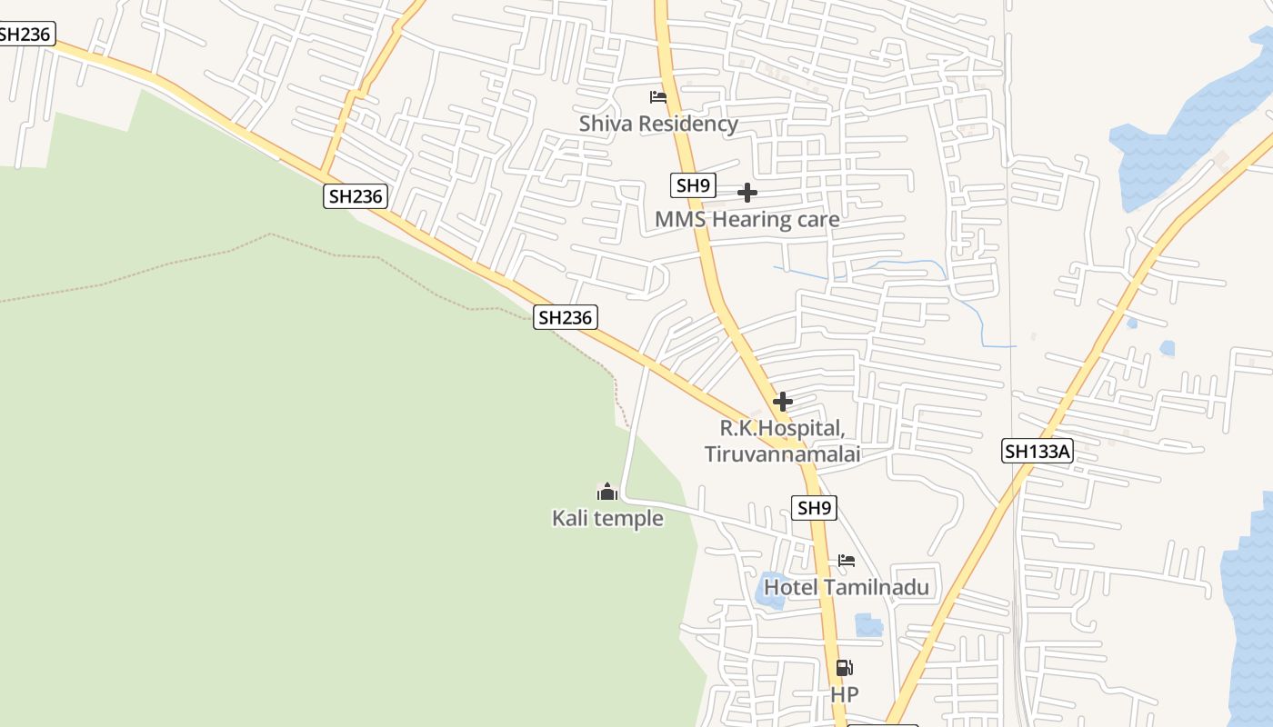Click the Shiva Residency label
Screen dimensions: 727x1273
click(x=658, y=124)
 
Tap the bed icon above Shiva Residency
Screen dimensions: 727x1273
click(x=658, y=97)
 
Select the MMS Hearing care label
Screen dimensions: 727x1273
click(x=747, y=219)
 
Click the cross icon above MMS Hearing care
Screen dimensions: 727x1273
click(x=747, y=193)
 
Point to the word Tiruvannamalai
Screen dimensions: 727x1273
click(x=782, y=453)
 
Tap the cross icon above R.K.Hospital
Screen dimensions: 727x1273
click(x=782, y=402)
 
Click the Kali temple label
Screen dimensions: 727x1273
click(x=607, y=518)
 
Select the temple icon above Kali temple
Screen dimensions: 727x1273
click(x=607, y=492)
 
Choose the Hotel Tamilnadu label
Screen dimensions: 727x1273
click(x=846, y=587)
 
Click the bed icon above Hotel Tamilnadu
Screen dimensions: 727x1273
click(x=847, y=561)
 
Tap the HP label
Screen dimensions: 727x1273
click(x=844, y=694)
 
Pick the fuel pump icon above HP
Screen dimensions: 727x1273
click(x=844, y=668)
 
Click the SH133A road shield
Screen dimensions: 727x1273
click(x=1037, y=451)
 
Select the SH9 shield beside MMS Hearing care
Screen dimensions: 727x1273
click(x=693, y=185)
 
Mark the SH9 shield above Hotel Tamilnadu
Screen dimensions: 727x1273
click(x=815, y=508)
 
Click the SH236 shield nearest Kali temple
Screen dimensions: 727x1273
click(x=565, y=317)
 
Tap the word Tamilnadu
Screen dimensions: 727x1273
click(x=877, y=587)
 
